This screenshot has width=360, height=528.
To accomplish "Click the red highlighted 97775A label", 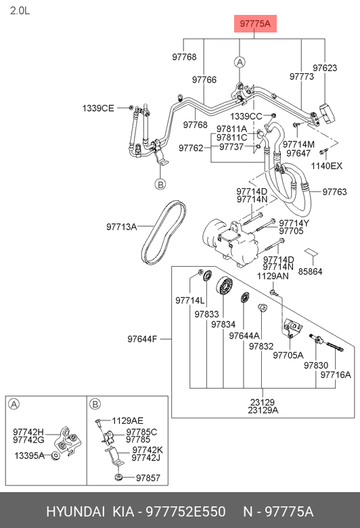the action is [x=255, y=24].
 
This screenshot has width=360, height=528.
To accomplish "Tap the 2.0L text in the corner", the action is [x=20, y=11].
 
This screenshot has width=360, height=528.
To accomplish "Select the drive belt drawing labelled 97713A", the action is [x=164, y=233].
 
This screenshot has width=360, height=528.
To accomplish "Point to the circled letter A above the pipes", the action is [x=240, y=62].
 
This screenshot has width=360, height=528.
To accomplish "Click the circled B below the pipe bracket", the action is [x=160, y=184].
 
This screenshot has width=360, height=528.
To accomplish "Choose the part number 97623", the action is [x=325, y=68].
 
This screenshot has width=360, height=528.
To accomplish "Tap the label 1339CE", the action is [x=98, y=108].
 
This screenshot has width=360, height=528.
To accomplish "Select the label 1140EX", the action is [x=326, y=166].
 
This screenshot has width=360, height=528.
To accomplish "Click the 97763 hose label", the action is [x=334, y=192].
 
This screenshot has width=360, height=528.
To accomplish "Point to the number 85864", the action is [x=310, y=271].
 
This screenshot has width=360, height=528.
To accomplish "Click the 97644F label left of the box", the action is [x=142, y=338].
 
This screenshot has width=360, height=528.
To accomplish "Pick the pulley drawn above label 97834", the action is [x=225, y=286].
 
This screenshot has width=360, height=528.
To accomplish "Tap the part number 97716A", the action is [x=336, y=374].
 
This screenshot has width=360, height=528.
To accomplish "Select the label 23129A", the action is [x=263, y=410].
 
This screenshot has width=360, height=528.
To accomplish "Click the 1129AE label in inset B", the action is [x=128, y=420].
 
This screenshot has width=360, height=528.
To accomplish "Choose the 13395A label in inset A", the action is [x=29, y=456].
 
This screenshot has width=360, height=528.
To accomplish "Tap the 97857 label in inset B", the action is [x=148, y=478].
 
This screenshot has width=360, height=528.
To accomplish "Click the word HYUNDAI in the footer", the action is [x=75, y=512].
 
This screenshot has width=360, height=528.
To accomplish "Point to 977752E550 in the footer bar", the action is [x=185, y=512].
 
